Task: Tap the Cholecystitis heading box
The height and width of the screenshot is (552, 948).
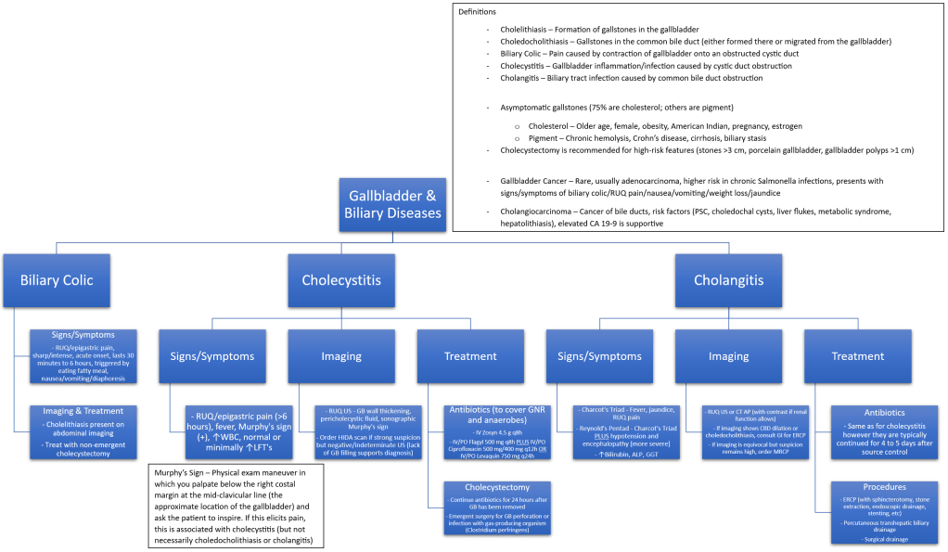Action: tap(341, 279)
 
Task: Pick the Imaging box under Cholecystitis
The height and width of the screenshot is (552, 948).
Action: tap(341, 355)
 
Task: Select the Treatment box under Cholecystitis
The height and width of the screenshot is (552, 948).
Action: tap(469, 355)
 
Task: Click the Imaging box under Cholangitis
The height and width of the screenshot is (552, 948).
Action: tap(729, 355)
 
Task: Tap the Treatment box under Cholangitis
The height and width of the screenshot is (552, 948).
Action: tap(857, 355)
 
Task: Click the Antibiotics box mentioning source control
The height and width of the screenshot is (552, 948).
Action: tap(883, 431)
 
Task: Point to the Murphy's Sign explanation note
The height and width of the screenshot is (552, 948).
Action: tap(236, 507)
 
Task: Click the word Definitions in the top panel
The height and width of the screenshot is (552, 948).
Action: tap(477, 12)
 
